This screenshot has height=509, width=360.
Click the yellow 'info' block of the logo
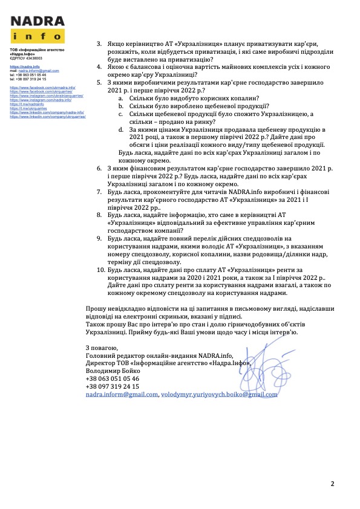pos(37,36)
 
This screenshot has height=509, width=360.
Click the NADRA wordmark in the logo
pos(37,21)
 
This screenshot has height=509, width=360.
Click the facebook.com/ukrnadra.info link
pos(42,88)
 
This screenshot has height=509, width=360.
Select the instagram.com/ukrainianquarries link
pos(47,96)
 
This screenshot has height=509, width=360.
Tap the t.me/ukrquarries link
pos(28,109)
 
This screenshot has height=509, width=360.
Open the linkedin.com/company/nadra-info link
pos(47,112)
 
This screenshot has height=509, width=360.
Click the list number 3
pos(100,44)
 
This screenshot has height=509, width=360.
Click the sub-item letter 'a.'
pos(120,98)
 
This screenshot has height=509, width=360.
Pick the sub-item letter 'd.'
pos(120,129)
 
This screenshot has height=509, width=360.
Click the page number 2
pos(332,484)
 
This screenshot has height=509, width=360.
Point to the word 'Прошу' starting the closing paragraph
pos(97,308)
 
